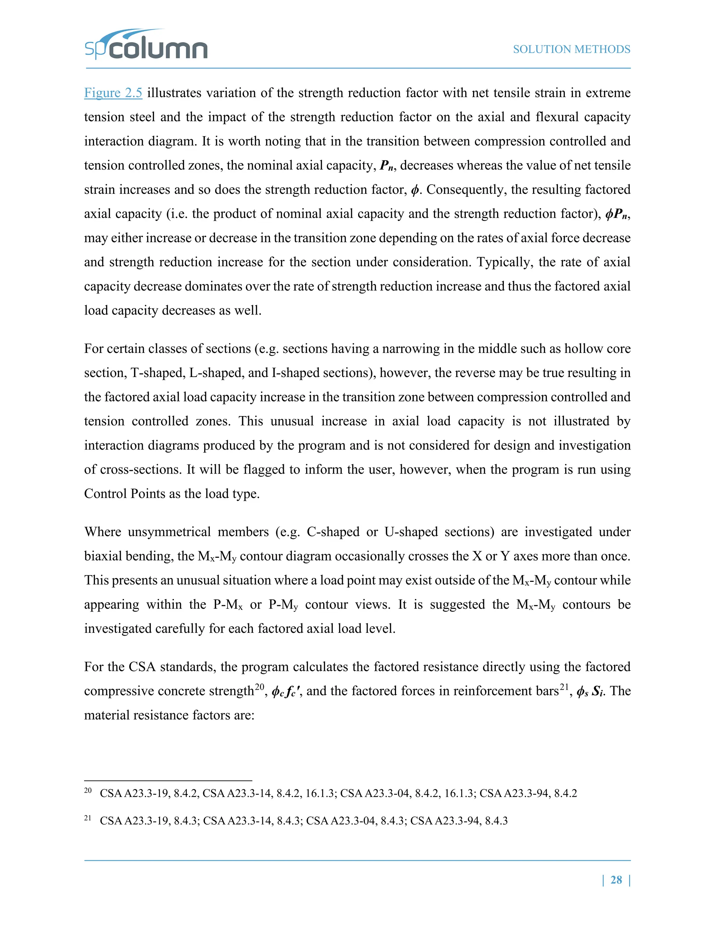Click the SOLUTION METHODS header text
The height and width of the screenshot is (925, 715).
[572, 50]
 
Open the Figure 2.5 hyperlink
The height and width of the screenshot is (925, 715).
[113, 93]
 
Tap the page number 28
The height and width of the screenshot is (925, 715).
[616, 880]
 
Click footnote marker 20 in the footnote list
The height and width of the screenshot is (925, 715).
[88, 791]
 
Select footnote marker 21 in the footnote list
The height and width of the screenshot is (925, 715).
[88, 818]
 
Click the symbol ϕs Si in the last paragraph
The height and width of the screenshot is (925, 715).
[591, 691]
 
